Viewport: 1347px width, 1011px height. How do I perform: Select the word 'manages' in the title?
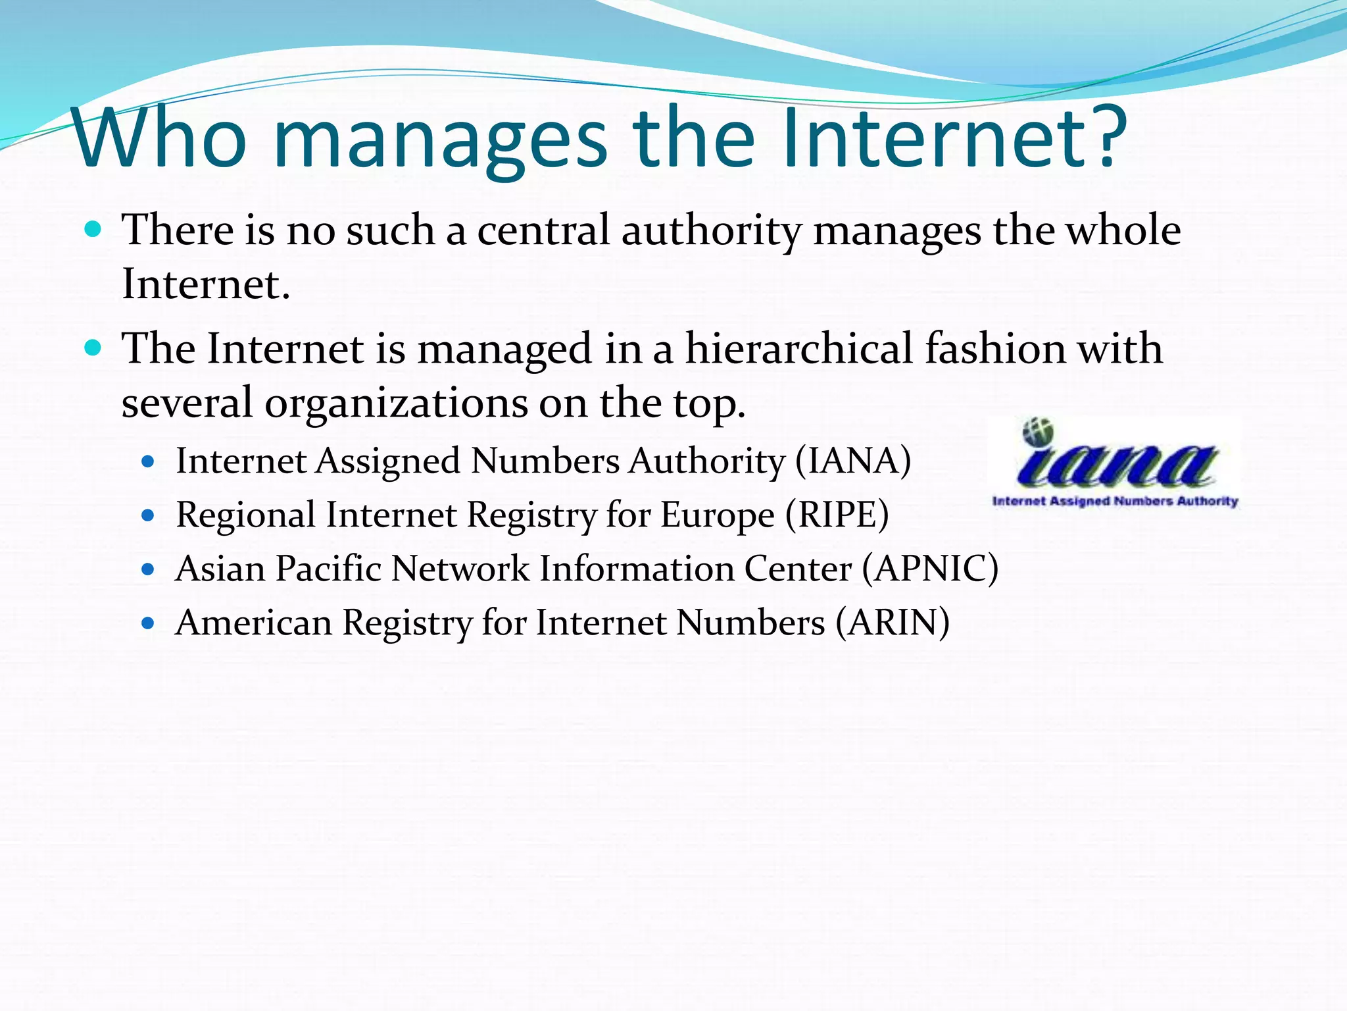pos(439,142)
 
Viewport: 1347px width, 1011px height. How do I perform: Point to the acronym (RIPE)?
pos(837,515)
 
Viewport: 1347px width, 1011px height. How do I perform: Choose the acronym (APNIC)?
pos(931,569)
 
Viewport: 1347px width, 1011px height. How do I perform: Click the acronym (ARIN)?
pos(893,623)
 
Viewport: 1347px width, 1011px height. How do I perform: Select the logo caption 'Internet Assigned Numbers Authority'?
pos(1115,502)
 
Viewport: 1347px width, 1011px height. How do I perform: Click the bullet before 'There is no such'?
pos(93,230)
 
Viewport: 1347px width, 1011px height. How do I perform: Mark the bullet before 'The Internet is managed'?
pos(93,348)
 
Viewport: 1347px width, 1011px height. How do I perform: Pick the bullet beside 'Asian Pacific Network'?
pos(148,569)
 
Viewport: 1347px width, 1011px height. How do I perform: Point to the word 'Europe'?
pos(717,516)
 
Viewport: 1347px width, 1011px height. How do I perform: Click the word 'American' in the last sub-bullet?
pos(254,623)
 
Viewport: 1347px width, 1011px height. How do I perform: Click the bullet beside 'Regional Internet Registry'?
pos(148,515)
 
